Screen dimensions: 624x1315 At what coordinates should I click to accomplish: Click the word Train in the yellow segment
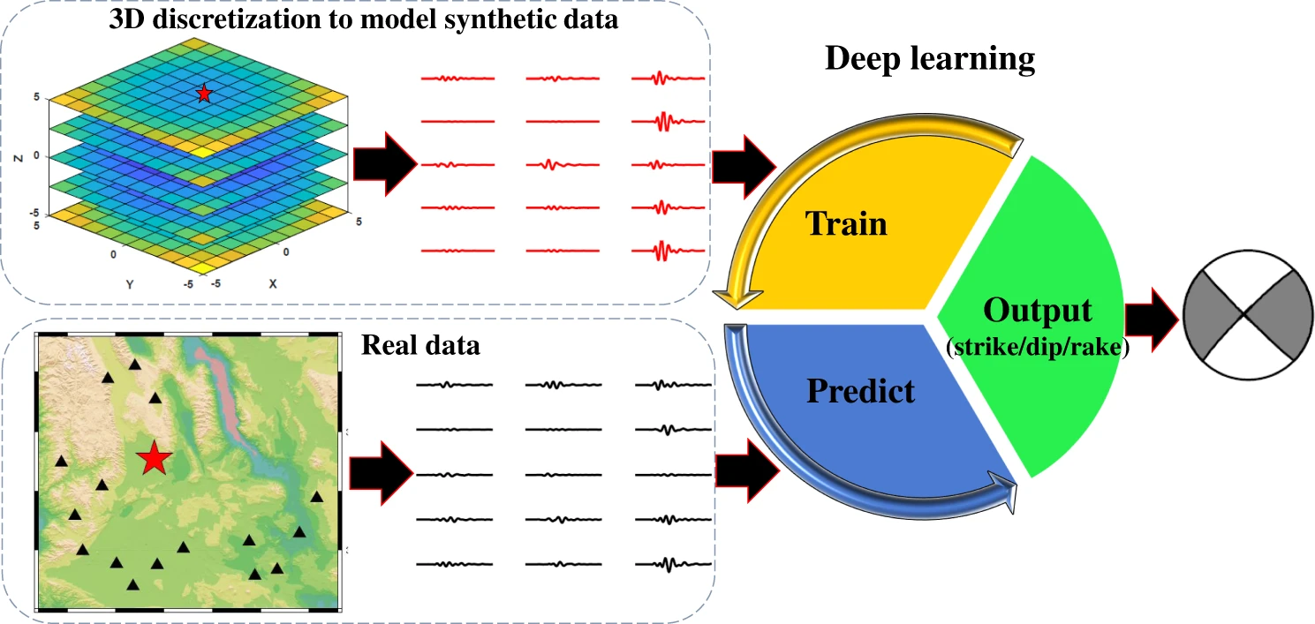[x=845, y=222]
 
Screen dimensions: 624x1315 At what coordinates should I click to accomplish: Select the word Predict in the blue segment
[x=860, y=389]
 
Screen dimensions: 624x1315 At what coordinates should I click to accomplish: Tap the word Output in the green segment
[x=1037, y=311]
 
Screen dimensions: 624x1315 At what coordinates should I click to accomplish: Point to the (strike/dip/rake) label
[x=1037, y=347]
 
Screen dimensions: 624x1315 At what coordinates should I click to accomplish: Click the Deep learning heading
[x=929, y=59]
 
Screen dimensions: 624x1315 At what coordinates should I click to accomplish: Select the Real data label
[x=420, y=344]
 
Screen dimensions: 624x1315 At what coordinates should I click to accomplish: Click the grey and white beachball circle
[x=1244, y=313]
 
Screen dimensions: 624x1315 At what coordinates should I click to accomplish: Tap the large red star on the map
[x=155, y=457]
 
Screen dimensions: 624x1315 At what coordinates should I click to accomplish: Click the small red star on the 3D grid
[x=204, y=93]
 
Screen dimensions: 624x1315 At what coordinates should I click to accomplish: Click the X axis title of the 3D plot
[x=273, y=284]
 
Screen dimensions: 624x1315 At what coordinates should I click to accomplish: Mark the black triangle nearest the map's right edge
[x=317, y=497]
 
